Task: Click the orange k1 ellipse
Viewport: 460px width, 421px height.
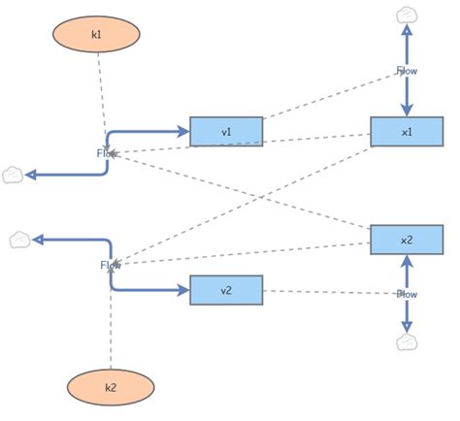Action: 96,34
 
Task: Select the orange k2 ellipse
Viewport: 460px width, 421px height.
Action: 111,387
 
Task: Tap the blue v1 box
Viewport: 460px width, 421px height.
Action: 226,131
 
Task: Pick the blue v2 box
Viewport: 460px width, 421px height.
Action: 226,290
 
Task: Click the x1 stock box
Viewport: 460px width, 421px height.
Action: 407,131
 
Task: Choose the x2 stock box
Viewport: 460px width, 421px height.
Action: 407,240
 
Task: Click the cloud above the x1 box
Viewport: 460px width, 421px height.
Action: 407,15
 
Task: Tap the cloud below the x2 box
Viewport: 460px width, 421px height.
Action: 407,341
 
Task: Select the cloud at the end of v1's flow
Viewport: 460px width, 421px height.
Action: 13,175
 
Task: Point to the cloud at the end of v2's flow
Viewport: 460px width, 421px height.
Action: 19,239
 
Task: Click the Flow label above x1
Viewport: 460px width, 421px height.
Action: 407,70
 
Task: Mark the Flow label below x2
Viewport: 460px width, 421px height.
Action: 407,293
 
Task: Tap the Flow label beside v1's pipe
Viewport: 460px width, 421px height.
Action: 105,153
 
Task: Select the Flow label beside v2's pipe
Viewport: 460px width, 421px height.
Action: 108,265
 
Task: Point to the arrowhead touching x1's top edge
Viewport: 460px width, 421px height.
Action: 407,110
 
